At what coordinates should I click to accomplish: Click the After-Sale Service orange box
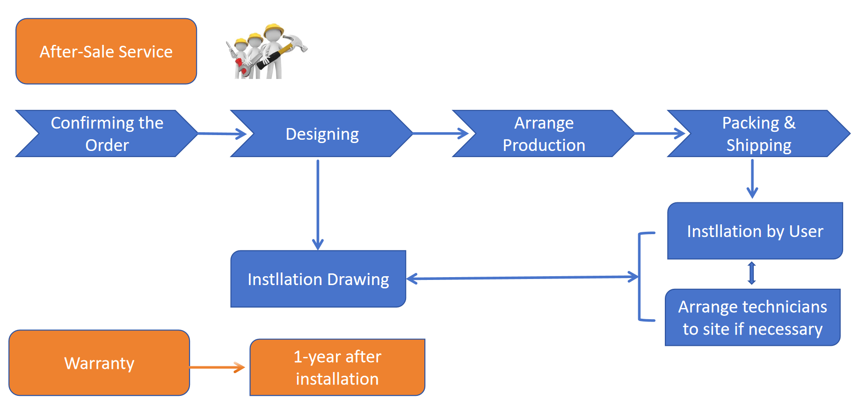[106, 51]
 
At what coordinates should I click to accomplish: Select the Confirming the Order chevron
[107, 134]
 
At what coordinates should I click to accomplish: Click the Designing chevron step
[322, 134]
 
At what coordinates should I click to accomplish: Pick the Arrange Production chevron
[544, 134]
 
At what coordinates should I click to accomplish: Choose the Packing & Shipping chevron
[758, 134]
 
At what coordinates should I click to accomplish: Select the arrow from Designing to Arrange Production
[440, 134]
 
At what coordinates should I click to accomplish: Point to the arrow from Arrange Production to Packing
[660, 134]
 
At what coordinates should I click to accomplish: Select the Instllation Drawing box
[318, 279]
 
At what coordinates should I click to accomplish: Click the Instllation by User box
[755, 231]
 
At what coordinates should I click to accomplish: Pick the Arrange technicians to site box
[752, 318]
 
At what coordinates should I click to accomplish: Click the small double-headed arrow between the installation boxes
[752, 273]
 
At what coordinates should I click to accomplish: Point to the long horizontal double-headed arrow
[522, 278]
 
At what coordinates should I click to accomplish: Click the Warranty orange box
[99, 363]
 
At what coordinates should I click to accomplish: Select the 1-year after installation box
[337, 368]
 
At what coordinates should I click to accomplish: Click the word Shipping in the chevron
[759, 145]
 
